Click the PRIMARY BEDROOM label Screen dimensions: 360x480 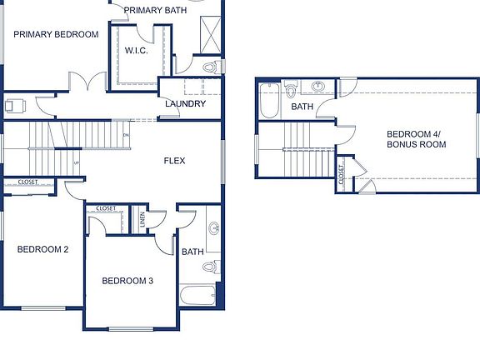point(56,35)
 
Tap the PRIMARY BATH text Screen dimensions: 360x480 point(155,10)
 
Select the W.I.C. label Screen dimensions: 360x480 point(136,51)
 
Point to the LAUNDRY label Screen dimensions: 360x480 point(185,103)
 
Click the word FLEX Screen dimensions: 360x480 point(174,161)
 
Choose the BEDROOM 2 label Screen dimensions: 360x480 point(42,249)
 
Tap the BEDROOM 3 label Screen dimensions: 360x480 point(127,281)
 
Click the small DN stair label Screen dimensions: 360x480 point(126,135)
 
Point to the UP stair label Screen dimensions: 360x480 point(77,162)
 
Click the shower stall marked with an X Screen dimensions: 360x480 point(210,35)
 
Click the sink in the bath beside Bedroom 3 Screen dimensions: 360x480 point(213,227)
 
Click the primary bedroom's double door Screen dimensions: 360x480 point(87,83)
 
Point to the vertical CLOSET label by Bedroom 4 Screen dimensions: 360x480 point(342,173)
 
